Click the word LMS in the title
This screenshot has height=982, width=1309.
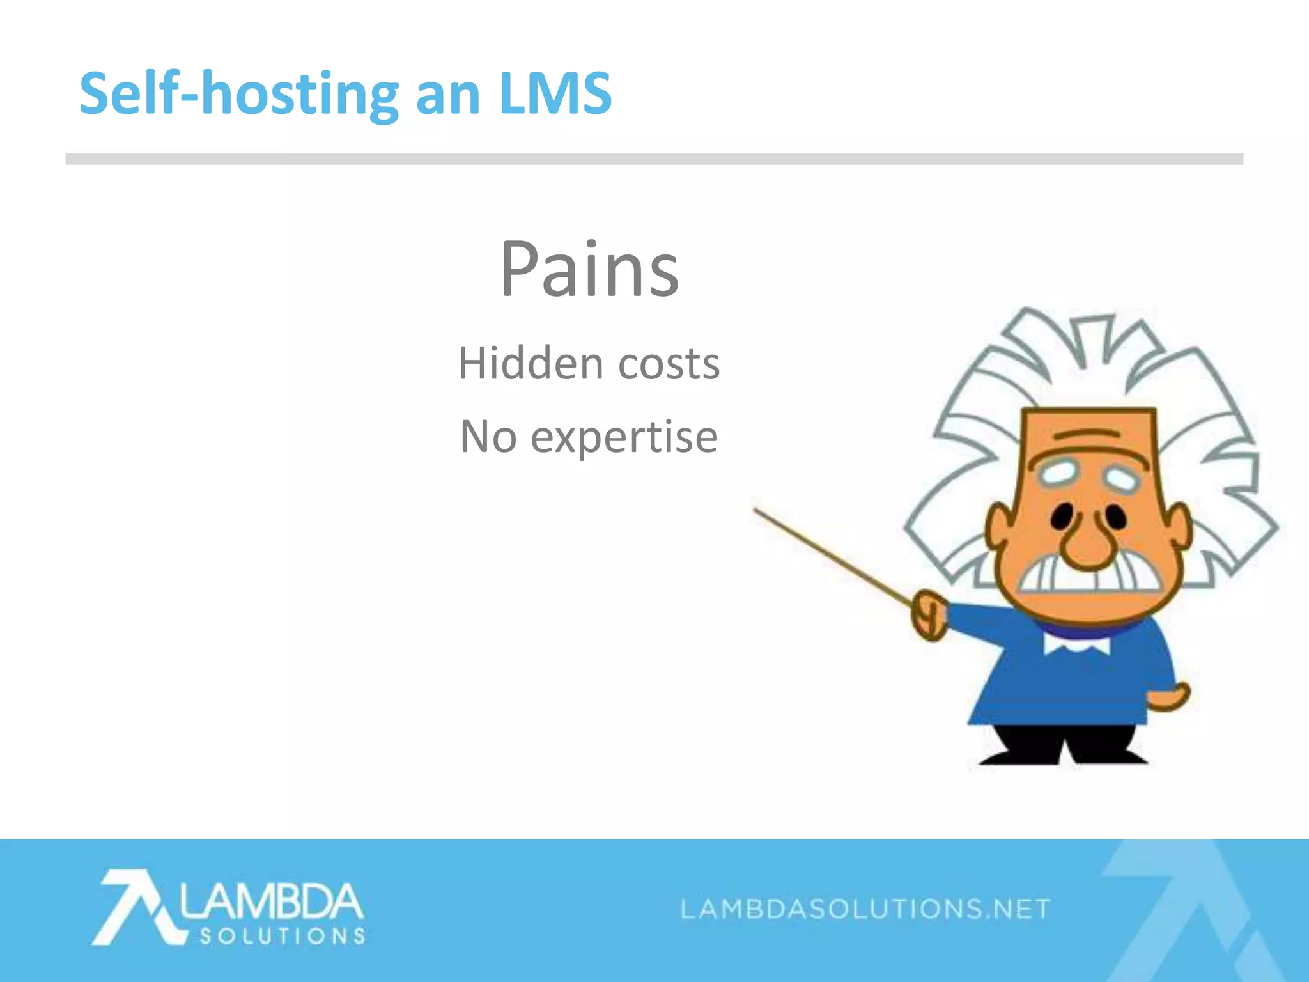(555, 93)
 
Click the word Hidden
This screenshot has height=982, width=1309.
(531, 363)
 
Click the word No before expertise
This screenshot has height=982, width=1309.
(488, 437)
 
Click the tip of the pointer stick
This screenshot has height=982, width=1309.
(756, 510)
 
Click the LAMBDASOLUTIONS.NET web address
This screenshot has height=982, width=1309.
(865, 908)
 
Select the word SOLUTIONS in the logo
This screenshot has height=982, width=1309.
(282, 937)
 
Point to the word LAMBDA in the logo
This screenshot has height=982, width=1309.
(271, 901)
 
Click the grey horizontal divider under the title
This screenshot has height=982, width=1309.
(654, 159)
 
